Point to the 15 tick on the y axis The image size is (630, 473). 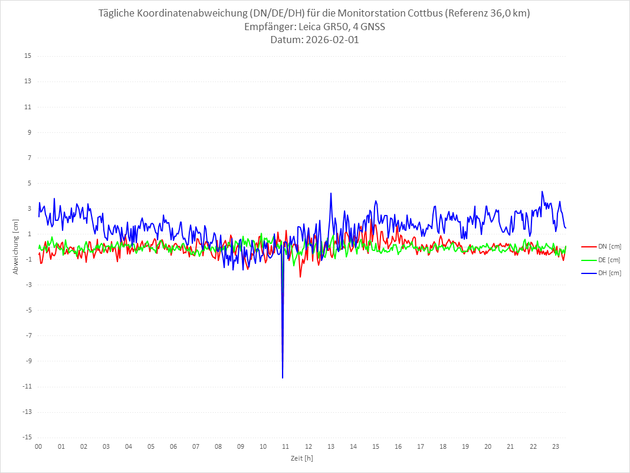click(x=28, y=56)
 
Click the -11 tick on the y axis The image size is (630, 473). click(x=27, y=386)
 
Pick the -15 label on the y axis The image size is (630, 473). click(x=27, y=437)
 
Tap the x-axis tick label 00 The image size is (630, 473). click(x=38, y=447)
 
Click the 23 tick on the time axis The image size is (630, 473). click(x=555, y=447)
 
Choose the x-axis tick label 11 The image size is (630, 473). click(x=286, y=447)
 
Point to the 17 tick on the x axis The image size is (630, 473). click(x=421, y=447)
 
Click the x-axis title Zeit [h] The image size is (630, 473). click(x=301, y=458)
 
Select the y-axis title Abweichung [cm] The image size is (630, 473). click(x=16, y=246)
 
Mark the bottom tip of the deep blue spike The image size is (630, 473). click(x=283, y=377)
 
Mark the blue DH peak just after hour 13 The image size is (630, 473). click(x=331, y=193)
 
